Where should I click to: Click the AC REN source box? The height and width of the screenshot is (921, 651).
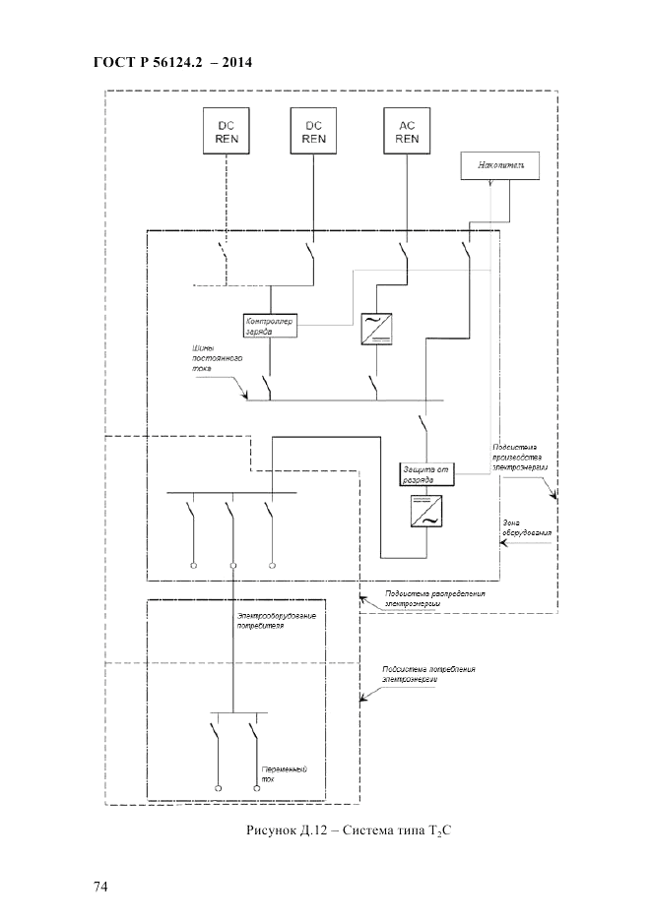(x=407, y=132)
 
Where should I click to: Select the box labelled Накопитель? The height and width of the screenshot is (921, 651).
(x=500, y=167)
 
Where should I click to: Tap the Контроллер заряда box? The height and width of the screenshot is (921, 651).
(x=271, y=326)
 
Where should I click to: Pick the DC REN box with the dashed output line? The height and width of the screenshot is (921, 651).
(x=227, y=132)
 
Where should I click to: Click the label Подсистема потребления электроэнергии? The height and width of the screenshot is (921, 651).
(x=428, y=674)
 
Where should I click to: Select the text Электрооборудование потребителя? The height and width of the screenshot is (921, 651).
(x=276, y=620)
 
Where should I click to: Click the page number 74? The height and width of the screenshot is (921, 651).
(x=100, y=887)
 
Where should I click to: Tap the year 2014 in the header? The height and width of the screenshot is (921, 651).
(x=235, y=63)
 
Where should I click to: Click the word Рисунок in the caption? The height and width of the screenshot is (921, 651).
(x=274, y=831)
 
